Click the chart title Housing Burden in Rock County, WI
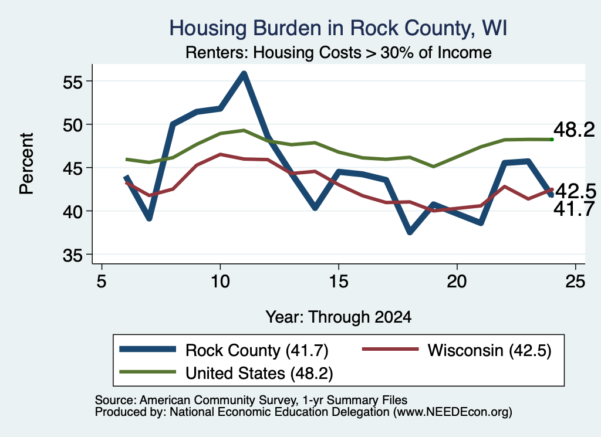click(x=338, y=28)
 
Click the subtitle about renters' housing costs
click(x=339, y=52)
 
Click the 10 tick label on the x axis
click(x=220, y=282)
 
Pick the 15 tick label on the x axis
click(x=339, y=282)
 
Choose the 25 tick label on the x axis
click(x=575, y=282)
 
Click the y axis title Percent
click(x=26, y=164)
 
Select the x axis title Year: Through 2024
click(x=339, y=317)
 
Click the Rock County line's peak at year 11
click(x=244, y=74)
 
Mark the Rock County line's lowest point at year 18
click(x=410, y=232)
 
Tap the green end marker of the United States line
click(x=552, y=140)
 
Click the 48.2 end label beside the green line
click(x=574, y=130)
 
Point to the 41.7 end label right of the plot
click(x=574, y=209)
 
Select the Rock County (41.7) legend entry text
click(x=257, y=350)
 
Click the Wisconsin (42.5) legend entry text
click(x=489, y=350)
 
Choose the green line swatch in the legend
click(x=147, y=371)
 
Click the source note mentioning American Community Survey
click(x=251, y=400)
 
